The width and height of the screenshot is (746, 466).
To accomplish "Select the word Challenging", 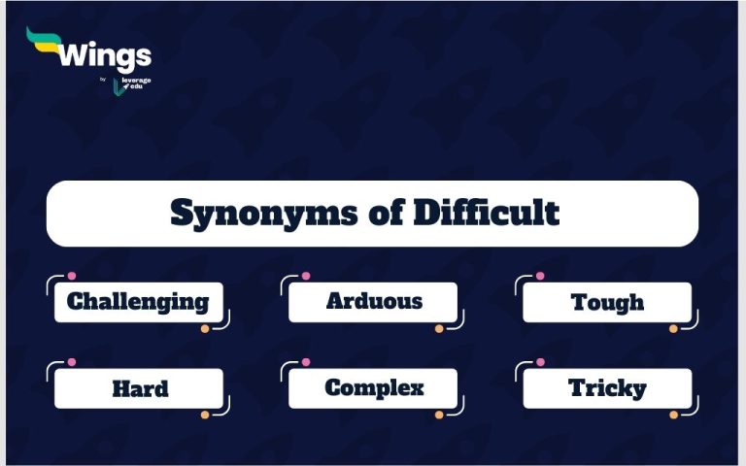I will pyautogui.click(x=138, y=302).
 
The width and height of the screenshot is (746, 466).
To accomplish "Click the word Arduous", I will pyautogui.click(x=374, y=301).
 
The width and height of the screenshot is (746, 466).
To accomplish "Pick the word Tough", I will pyautogui.click(x=608, y=302).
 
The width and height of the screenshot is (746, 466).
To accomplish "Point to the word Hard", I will pyautogui.click(x=140, y=389).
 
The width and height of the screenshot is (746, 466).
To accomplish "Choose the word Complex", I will pyautogui.click(x=374, y=388).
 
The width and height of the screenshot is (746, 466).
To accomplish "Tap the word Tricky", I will pyautogui.click(x=607, y=389).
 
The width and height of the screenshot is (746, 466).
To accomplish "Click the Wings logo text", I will pyautogui.click(x=104, y=55).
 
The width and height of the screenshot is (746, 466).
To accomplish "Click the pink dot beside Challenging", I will pyautogui.click(x=71, y=276).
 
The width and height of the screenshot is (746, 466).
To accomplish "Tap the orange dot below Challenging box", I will pyautogui.click(x=205, y=329).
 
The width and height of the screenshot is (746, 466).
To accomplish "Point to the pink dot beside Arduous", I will pyautogui.click(x=306, y=276).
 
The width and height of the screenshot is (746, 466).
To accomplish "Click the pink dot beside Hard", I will pyautogui.click(x=71, y=362).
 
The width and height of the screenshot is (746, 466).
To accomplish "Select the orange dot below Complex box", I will pyautogui.click(x=439, y=415).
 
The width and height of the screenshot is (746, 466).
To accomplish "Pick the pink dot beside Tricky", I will pyautogui.click(x=540, y=362).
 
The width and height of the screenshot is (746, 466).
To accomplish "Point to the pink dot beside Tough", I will pyautogui.click(x=540, y=276).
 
